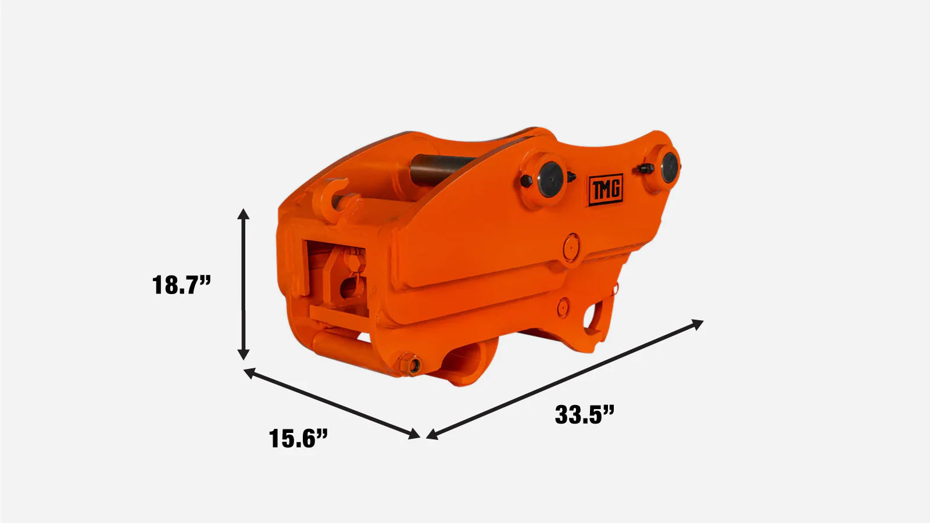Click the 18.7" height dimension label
[x=182, y=285]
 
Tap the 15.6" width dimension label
[x=298, y=438]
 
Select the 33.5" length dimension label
[x=584, y=415]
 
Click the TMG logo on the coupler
[x=606, y=189]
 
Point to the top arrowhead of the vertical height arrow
[x=244, y=214]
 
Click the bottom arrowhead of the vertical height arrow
[x=244, y=354]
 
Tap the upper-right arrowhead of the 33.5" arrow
[x=697, y=324]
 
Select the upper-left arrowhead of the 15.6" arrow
[x=249, y=372]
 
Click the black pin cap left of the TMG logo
[x=551, y=180]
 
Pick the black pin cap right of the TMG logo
[x=670, y=168]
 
